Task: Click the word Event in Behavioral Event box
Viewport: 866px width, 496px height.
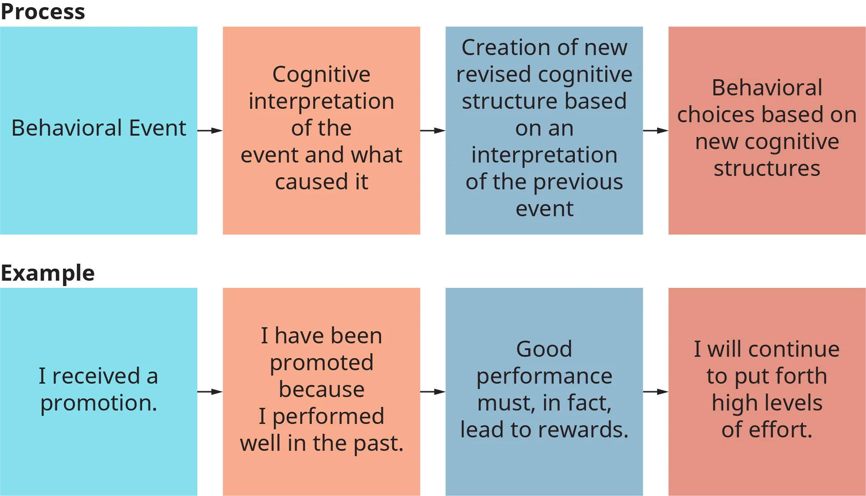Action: coord(157,128)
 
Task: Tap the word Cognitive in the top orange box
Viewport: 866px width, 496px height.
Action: coord(321,75)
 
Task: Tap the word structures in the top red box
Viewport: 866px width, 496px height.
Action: coord(767,169)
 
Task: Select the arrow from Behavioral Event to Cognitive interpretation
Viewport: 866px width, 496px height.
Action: coord(210,131)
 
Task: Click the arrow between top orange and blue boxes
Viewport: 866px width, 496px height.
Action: coord(433,131)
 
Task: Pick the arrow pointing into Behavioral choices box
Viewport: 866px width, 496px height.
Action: coord(655,131)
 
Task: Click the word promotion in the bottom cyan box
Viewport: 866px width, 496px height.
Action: coord(98,403)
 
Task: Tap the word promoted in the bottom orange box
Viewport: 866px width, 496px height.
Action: coord(321,363)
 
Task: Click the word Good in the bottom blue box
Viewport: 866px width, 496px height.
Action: coord(544,350)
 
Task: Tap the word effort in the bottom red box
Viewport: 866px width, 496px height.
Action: coord(780,430)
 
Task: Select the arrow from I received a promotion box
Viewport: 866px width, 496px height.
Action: coord(210,392)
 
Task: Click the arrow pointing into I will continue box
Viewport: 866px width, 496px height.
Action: coord(655,392)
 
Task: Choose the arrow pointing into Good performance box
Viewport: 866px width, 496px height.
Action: coord(433,392)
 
